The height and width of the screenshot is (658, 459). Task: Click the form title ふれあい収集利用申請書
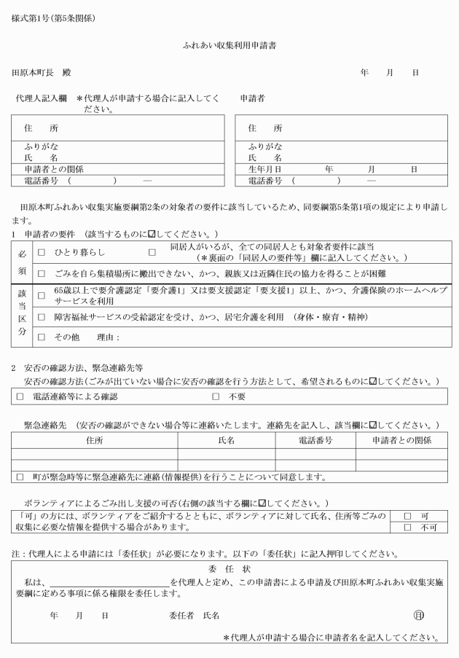229,45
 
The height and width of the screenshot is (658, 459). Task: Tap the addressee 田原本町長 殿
41,74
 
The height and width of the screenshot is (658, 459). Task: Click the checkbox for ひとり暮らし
42,252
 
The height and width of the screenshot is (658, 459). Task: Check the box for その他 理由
42,337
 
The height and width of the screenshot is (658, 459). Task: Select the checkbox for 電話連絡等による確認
20,396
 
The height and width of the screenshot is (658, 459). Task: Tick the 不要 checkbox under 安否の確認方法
216,396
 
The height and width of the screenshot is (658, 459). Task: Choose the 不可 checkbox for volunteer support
407,528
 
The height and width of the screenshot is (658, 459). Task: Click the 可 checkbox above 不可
407,515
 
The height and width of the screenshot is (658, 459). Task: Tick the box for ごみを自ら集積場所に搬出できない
42,273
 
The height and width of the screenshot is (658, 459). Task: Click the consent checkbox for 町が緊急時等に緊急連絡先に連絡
18,477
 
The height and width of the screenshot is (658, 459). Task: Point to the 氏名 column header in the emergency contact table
227,440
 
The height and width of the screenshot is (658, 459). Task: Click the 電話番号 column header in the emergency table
315,440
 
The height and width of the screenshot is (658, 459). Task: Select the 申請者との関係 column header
401,440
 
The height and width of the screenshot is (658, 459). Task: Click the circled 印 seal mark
418,615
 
